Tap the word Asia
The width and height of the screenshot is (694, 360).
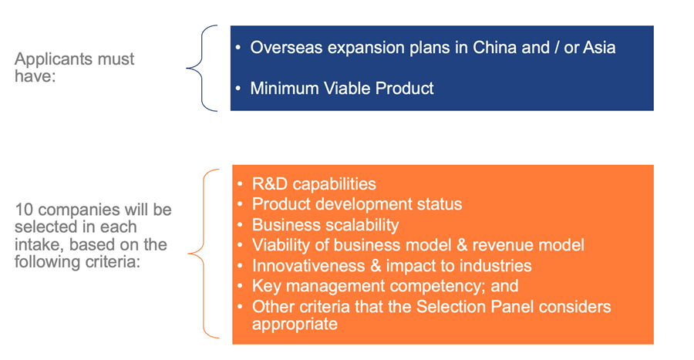[599, 47]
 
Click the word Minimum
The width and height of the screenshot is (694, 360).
[285, 88]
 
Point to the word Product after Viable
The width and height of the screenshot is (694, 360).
[405, 88]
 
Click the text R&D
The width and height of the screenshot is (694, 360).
[270, 184]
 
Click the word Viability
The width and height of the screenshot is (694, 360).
[281, 245]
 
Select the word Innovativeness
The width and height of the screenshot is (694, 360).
[308, 266]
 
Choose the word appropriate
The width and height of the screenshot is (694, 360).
[295, 325]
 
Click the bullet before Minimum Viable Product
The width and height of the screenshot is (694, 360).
[238, 89]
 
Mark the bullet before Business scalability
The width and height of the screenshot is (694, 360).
[241, 225]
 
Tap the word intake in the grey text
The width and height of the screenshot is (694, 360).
[39, 244]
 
